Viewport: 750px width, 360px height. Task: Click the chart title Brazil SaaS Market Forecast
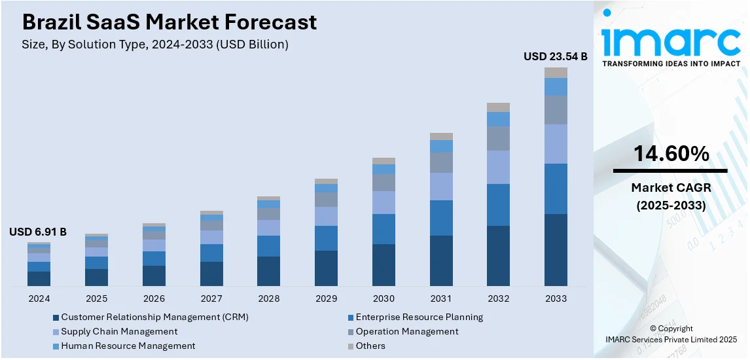[170, 22]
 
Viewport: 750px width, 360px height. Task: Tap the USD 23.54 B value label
[555, 57]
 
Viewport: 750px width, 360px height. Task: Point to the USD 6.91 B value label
[38, 232]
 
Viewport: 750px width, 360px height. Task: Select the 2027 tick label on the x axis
[211, 298]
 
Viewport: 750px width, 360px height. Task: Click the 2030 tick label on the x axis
[384, 298]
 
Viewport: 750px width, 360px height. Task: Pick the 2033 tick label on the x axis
[556, 298]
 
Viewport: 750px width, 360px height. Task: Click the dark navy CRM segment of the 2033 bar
[556, 249]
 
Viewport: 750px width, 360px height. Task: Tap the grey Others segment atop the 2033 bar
[556, 73]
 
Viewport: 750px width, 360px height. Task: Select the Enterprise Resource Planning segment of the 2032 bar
[498, 205]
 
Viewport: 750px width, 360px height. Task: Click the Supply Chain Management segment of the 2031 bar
[441, 187]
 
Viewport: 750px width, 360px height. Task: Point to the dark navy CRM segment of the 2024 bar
[39, 278]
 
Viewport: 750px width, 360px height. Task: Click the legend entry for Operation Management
[407, 331]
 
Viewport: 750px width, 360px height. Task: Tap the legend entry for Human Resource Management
[128, 346]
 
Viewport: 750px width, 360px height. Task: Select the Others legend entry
[370, 346]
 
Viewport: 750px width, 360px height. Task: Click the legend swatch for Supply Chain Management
[56, 332]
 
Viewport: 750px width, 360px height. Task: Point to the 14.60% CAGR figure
[671, 154]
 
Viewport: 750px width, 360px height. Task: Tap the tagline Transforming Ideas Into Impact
[671, 63]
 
